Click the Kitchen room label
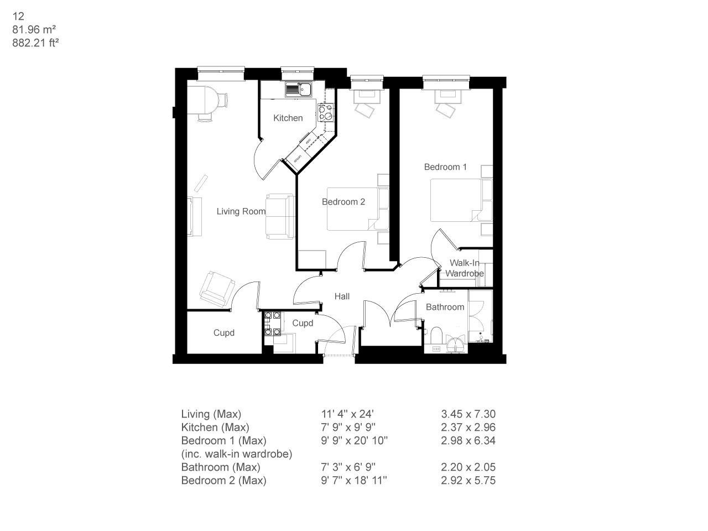(288, 118)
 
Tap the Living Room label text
(241, 211)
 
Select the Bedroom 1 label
(445, 167)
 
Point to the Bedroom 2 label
(343, 202)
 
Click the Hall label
(342, 296)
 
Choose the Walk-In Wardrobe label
(465, 268)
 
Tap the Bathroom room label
(445, 307)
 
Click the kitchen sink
(299, 88)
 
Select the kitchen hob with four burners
(325, 112)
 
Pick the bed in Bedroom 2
(352, 209)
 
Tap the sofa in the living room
(280, 216)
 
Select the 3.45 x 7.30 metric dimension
(468, 414)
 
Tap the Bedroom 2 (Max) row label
(223, 480)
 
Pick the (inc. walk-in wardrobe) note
(236, 454)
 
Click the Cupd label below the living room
(223, 333)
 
